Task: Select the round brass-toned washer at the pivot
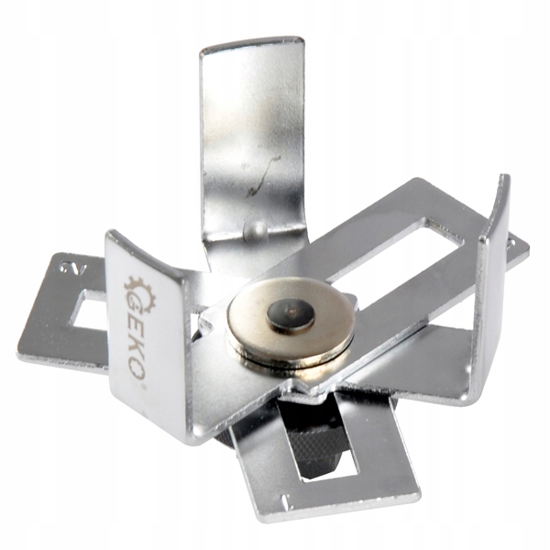[x=290, y=320]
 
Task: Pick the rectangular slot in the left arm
[x=89, y=310]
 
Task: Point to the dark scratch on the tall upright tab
[x=264, y=175]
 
